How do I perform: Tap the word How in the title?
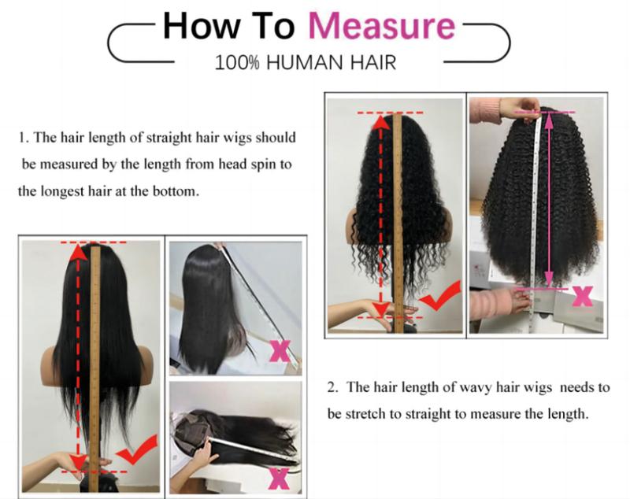click(x=195, y=25)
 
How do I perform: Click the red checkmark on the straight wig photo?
click(x=132, y=453)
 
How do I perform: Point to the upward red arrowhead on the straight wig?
click(x=76, y=252)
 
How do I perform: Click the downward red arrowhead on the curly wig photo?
click(x=381, y=309)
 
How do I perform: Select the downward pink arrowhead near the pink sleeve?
click(x=549, y=279)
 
